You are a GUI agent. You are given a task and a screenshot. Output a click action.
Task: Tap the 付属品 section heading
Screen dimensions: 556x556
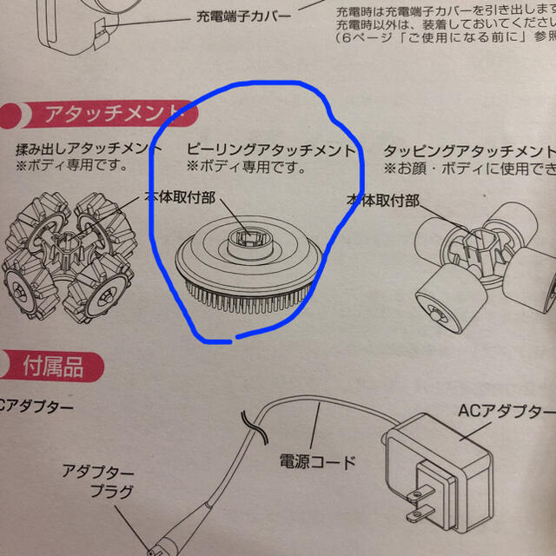(54, 367)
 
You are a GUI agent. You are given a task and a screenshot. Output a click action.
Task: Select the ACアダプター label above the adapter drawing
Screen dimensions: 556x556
(503, 411)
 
